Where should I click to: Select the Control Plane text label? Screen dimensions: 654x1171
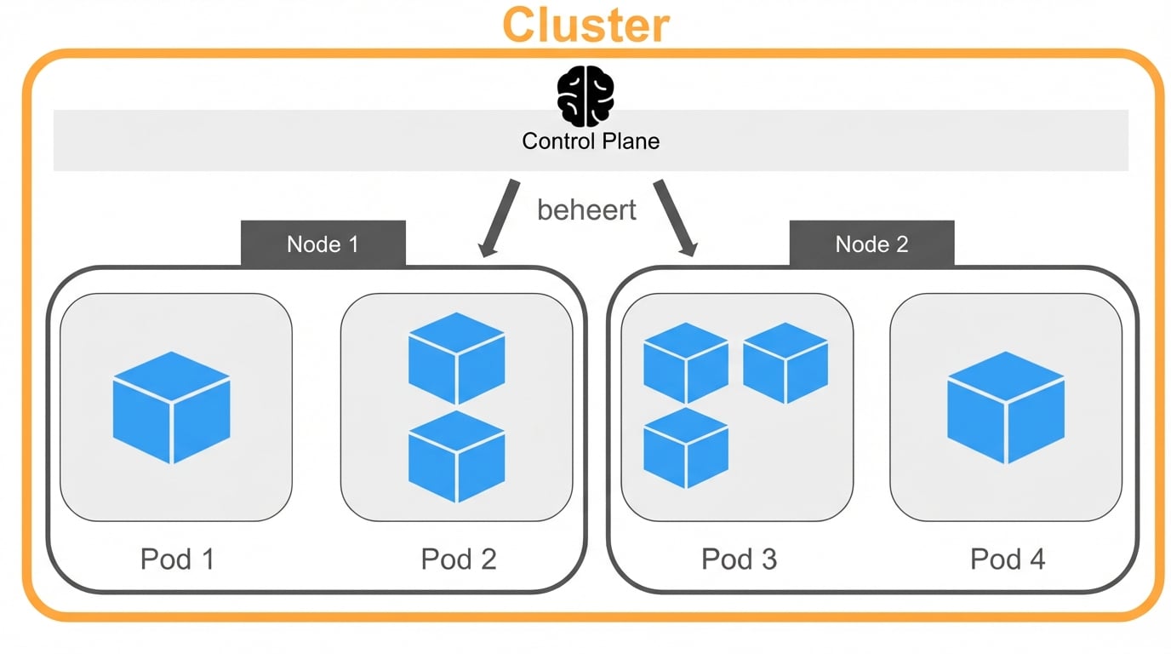coord(591,141)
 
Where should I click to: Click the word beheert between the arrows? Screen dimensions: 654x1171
coord(586,209)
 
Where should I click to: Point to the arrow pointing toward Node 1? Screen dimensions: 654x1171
coord(499,216)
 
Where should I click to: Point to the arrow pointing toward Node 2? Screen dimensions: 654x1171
coord(675,216)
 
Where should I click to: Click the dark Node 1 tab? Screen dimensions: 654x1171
coord(323,244)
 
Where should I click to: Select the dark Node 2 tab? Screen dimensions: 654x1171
coord(871,244)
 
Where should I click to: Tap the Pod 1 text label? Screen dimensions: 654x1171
coord(177,559)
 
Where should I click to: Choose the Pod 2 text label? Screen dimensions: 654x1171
coord(459,559)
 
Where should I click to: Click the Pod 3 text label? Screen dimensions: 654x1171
coord(739,559)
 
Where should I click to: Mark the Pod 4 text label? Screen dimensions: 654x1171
coord(1008,559)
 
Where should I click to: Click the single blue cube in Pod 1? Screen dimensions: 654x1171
coord(172,407)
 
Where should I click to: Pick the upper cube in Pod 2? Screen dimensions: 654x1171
coord(456,358)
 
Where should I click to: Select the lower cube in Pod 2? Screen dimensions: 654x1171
coord(456,456)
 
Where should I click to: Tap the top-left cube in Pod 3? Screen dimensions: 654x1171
coord(685,362)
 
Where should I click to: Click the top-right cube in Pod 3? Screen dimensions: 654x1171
coord(785,362)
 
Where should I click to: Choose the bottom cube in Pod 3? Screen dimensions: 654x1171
coord(685,447)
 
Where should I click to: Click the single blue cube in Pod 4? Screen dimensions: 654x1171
coord(1006,407)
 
